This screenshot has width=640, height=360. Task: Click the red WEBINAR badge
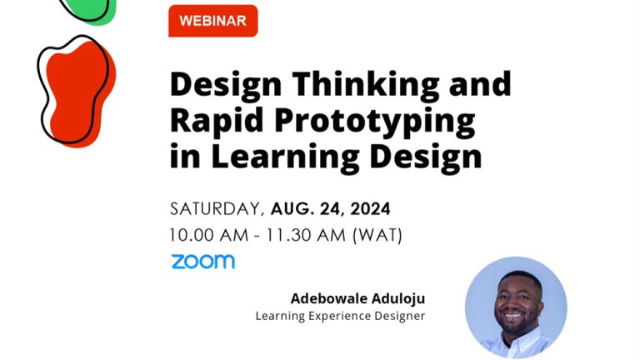212,21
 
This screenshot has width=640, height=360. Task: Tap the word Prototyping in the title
377,122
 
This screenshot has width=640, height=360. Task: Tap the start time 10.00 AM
206,235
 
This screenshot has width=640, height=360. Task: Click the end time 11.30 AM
302,235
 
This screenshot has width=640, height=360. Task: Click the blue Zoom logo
202,262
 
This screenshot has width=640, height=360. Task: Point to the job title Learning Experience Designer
339,316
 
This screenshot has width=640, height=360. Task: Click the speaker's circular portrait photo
516,307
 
